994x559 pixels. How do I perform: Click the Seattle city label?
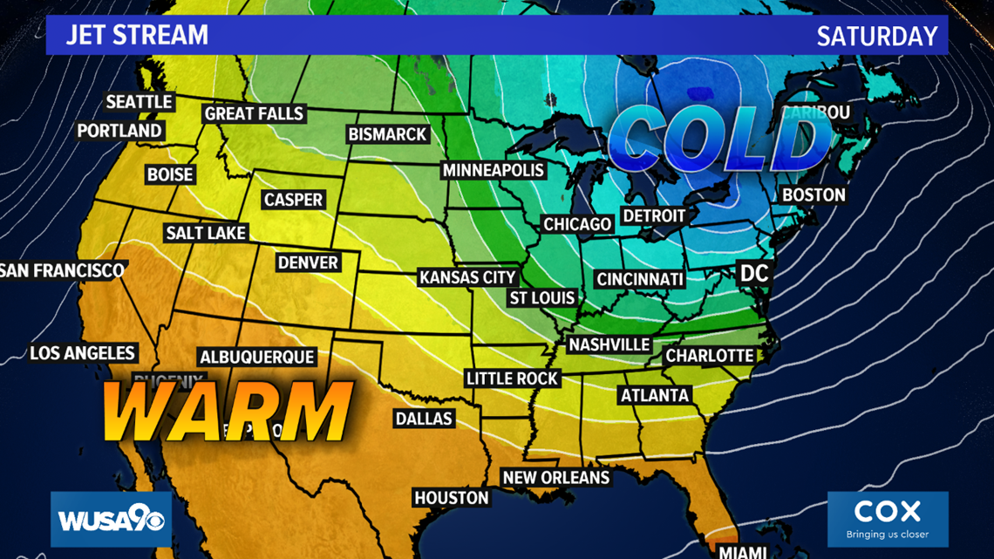140,102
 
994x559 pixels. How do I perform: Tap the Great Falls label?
254,113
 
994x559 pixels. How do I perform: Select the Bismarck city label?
387,134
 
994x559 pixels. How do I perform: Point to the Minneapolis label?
493,170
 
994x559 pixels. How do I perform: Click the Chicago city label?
577,224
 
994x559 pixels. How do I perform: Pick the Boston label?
814,194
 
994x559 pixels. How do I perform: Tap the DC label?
753,273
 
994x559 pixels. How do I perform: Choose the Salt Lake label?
207,233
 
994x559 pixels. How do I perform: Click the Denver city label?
308,262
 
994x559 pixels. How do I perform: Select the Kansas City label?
468,277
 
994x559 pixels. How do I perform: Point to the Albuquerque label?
257,358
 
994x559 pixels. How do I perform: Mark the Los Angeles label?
83,353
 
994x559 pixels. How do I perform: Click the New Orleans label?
555,478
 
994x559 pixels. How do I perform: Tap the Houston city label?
451,497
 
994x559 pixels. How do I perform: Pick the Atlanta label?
654,395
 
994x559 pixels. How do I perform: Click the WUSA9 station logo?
111,520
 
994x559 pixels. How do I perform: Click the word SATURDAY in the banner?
876,37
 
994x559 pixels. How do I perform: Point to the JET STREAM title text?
138,36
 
